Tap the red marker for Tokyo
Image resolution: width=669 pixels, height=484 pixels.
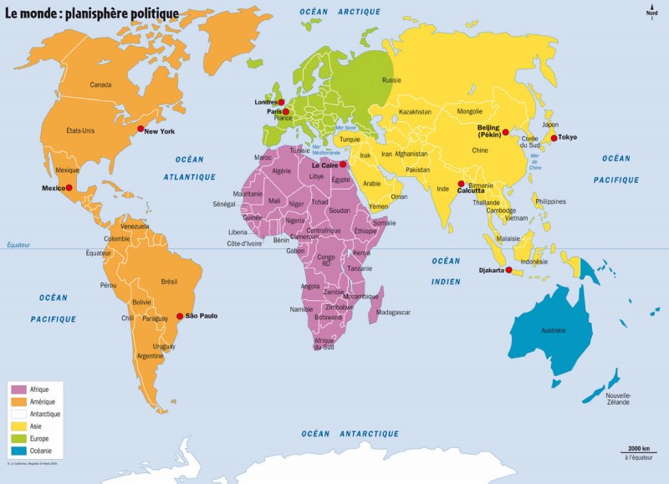[554, 138]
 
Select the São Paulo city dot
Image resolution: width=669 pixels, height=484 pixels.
[180, 316]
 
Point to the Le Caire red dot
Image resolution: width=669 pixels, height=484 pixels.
[343, 165]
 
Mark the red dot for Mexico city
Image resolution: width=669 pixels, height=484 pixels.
[69, 189]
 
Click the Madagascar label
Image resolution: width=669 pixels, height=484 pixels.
[394, 312]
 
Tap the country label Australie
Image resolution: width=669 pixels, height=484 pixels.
[554, 331]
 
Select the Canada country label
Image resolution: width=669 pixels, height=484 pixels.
[100, 85]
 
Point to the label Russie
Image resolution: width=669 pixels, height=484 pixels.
[391, 80]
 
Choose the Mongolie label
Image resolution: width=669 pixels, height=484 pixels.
[469, 111]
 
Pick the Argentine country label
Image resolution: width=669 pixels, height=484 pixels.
[150, 356]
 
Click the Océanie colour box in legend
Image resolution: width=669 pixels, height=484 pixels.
[18, 451]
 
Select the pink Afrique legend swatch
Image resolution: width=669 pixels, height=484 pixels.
[18, 390]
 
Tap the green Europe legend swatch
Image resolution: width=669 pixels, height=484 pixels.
[18, 438]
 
